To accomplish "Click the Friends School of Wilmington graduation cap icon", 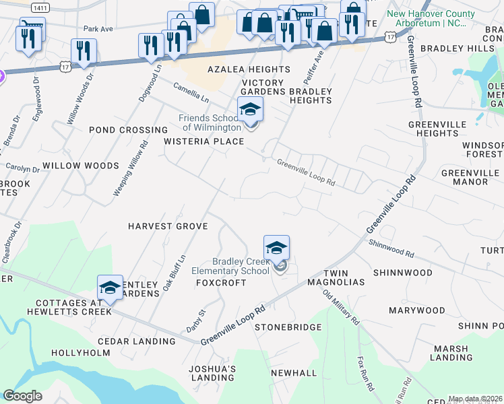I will pos(250,109).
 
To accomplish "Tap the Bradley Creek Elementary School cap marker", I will pos(276,247).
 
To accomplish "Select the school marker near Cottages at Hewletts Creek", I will pos(111,287).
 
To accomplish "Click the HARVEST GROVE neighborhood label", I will pos(168,226).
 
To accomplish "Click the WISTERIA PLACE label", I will pos(203,141).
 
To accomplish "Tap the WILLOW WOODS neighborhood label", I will pos(80,165).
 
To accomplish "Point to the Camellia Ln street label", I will pos(191,93).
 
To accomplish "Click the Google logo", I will pos(22,396).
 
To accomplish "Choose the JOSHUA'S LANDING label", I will pos(212,374).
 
